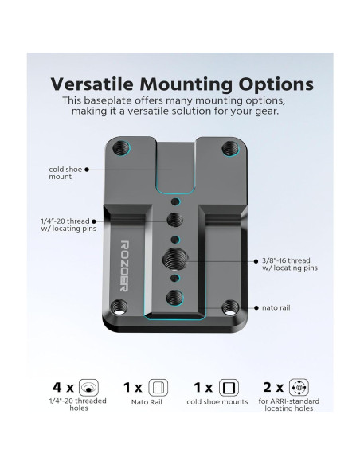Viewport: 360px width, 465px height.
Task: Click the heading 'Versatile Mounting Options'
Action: (182, 84)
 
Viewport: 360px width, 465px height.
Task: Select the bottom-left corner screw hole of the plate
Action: (122, 306)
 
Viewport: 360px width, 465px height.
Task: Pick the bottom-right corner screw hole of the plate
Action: (231, 306)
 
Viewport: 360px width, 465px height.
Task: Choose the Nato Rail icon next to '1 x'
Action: (158, 388)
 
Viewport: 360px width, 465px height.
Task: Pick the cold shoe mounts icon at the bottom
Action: (229, 388)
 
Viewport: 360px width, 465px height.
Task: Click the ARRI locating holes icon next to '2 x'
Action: (299, 388)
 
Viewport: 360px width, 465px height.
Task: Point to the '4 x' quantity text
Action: (63, 388)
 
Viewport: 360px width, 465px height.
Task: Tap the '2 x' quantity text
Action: (274, 388)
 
